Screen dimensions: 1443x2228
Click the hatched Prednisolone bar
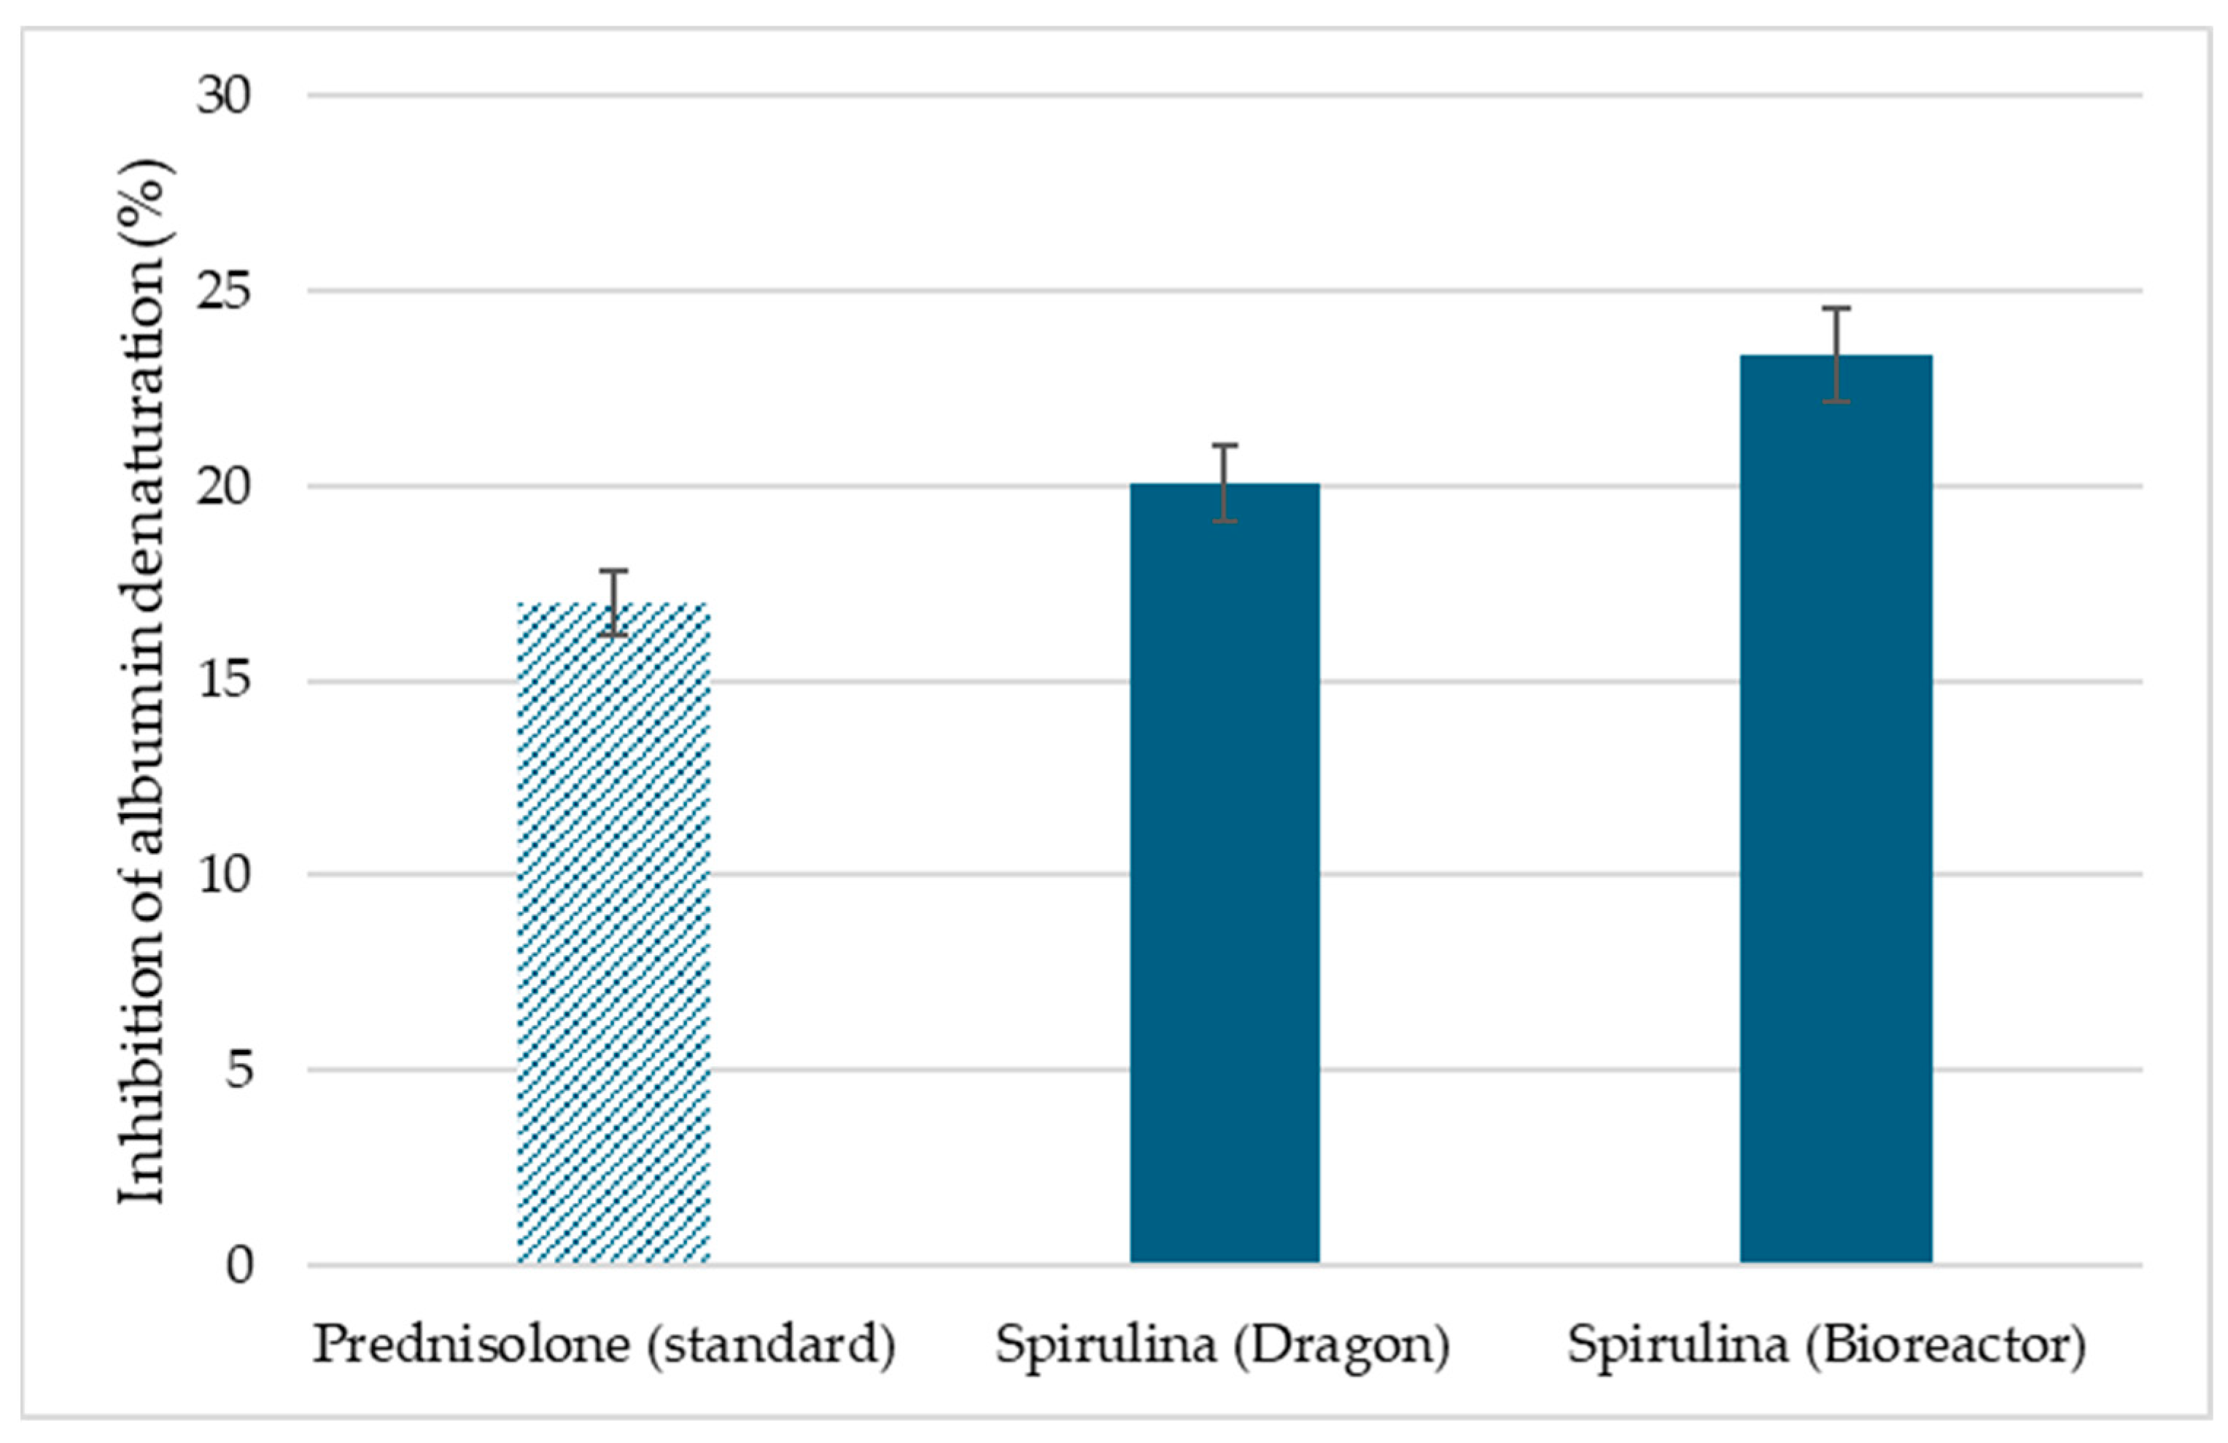click(613, 936)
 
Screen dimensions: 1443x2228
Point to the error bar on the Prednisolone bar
click(613, 602)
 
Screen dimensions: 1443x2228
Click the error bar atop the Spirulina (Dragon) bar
click(1224, 482)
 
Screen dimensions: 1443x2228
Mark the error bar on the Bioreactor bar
click(1836, 354)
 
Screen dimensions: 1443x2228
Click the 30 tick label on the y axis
click(225, 96)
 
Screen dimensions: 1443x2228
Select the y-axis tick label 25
click(225, 291)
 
